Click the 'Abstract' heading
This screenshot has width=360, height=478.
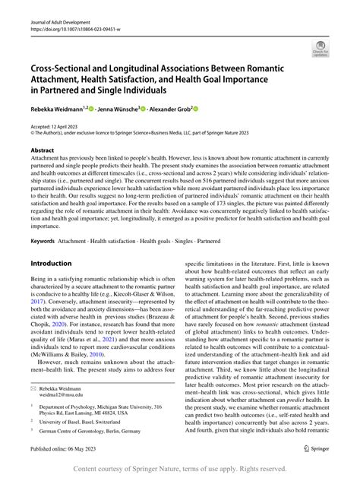tap(43, 150)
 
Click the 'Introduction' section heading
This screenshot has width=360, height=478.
tap(51, 263)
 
